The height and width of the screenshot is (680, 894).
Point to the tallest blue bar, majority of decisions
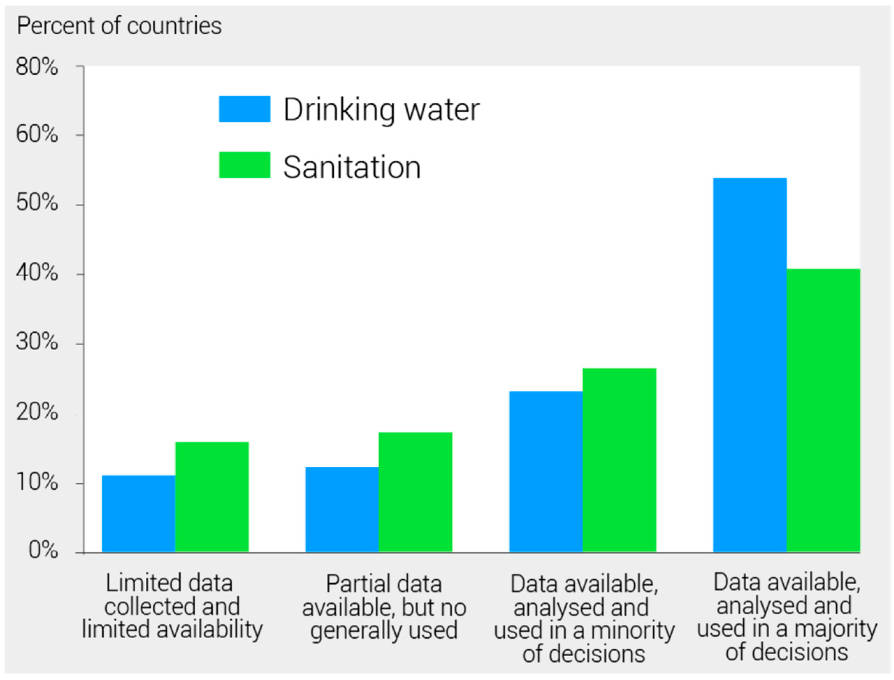point(750,365)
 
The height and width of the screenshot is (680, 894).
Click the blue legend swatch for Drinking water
point(244,109)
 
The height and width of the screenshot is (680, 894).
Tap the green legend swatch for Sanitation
point(244,165)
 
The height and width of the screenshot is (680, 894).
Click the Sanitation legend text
point(351,167)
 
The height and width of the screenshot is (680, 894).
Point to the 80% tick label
point(36,67)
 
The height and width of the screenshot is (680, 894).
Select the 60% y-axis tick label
point(36,134)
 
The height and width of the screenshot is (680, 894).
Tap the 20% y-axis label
point(36,412)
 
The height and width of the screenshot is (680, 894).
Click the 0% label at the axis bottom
point(43,550)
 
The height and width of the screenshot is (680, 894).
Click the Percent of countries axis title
point(119,26)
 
